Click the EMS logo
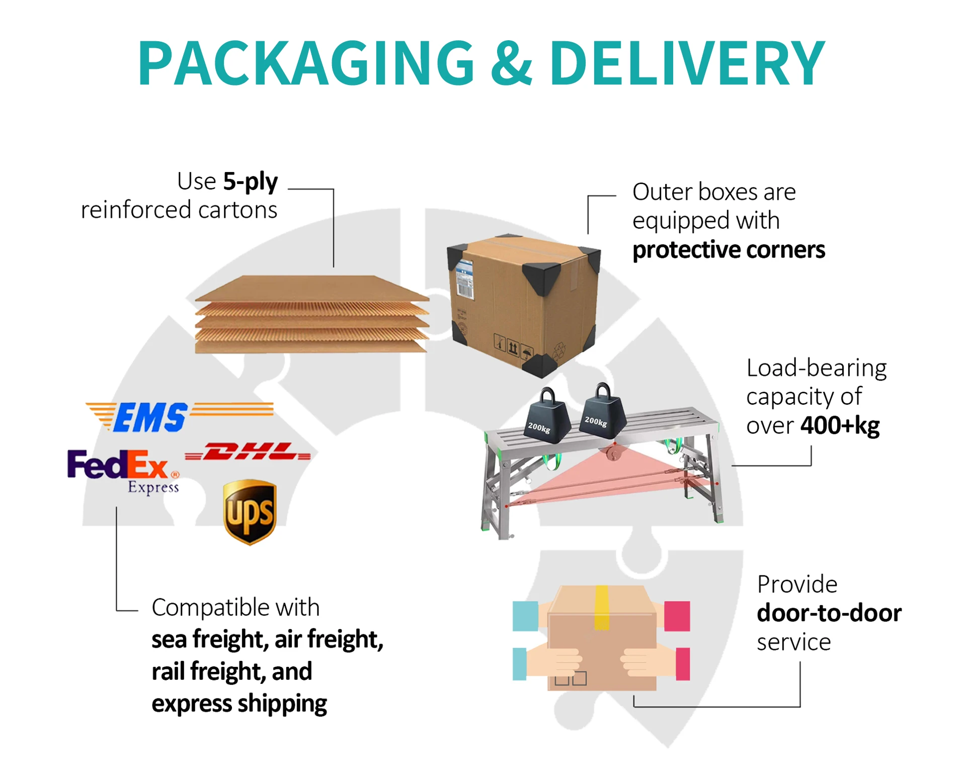[150, 417]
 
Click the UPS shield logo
[250, 512]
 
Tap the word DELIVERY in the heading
[687, 63]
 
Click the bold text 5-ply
[250, 182]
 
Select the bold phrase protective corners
[728, 250]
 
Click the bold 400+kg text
[840, 425]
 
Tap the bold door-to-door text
[829, 613]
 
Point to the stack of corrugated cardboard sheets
[312, 314]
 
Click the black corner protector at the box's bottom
[540, 365]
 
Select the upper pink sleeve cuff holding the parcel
[677, 616]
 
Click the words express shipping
[239, 704]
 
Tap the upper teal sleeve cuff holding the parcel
[525, 616]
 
